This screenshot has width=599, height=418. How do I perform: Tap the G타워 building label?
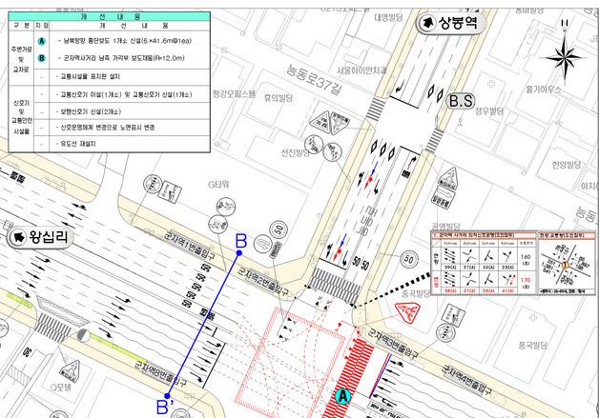tap(220, 184)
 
